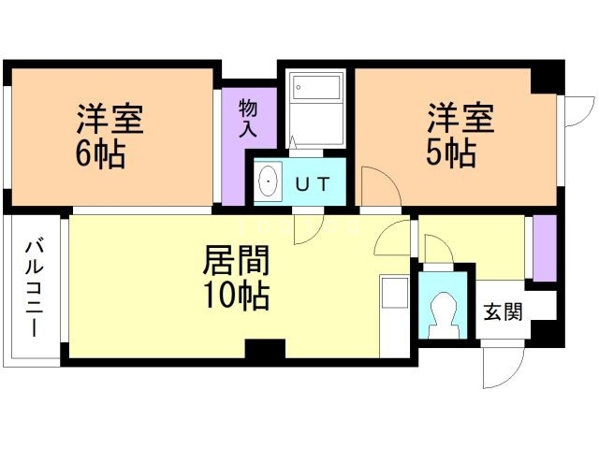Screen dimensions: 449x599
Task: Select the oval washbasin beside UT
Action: pyautogui.click(x=269, y=181)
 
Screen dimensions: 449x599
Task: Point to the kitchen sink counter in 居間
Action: pyautogui.click(x=395, y=313)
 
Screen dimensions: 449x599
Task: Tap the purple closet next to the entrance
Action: pyautogui.click(x=544, y=246)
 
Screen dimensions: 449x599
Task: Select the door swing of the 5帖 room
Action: pyautogui.click(x=380, y=188)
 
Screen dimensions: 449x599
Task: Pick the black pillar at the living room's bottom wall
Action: pyautogui.click(x=265, y=350)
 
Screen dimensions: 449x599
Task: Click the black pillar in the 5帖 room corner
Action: pyautogui.click(x=546, y=80)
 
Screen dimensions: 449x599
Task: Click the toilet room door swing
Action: pyautogui.click(x=436, y=251)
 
